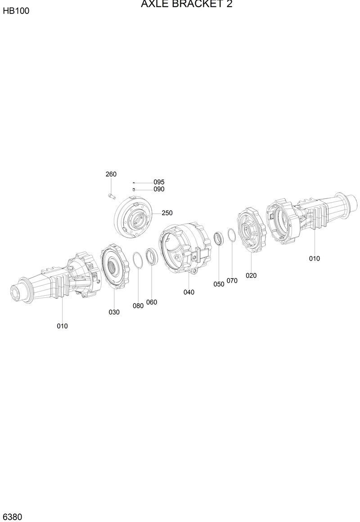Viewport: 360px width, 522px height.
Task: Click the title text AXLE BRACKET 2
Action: click(186, 4)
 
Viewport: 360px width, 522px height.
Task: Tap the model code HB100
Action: click(16, 11)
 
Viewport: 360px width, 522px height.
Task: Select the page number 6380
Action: click(13, 516)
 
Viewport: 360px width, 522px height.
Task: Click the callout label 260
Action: click(111, 174)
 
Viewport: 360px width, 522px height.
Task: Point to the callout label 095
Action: click(159, 182)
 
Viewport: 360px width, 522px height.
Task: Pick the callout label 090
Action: click(159, 189)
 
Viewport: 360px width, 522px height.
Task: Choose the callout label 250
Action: click(167, 213)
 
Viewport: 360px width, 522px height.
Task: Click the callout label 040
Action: click(189, 292)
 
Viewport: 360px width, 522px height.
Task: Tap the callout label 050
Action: click(219, 284)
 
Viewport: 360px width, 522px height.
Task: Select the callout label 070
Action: click(232, 281)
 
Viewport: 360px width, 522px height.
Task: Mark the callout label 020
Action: click(251, 275)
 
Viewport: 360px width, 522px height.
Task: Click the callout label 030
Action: click(114, 312)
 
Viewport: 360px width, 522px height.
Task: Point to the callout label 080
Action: click(138, 306)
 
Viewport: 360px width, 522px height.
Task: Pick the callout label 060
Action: click(152, 302)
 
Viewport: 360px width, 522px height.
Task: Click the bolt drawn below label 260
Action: click(111, 196)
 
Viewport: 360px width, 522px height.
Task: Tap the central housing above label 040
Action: click(184, 247)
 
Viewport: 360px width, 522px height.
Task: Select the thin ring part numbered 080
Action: click(137, 260)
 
